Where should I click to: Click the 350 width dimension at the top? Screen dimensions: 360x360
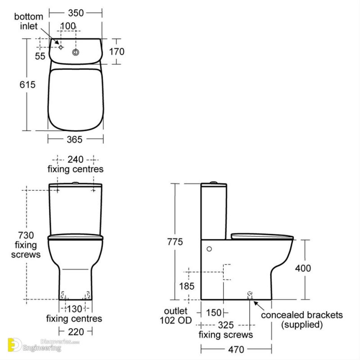click(x=76, y=13)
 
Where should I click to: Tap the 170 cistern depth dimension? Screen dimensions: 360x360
click(x=117, y=51)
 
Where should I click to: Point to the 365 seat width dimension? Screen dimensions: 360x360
click(x=75, y=140)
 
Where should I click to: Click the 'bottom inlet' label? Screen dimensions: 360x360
click(x=29, y=21)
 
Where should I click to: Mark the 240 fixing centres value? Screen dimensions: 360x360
click(x=76, y=159)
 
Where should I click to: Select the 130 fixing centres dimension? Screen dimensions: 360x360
click(x=75, y=309)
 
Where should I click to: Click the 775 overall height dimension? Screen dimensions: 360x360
click(x=174, y=242)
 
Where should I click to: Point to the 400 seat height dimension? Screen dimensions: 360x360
click(x=303, y=268)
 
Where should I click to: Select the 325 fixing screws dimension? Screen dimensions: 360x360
click(x=225, y=324)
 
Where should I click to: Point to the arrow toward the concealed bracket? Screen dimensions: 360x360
click(x=259, y=306)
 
